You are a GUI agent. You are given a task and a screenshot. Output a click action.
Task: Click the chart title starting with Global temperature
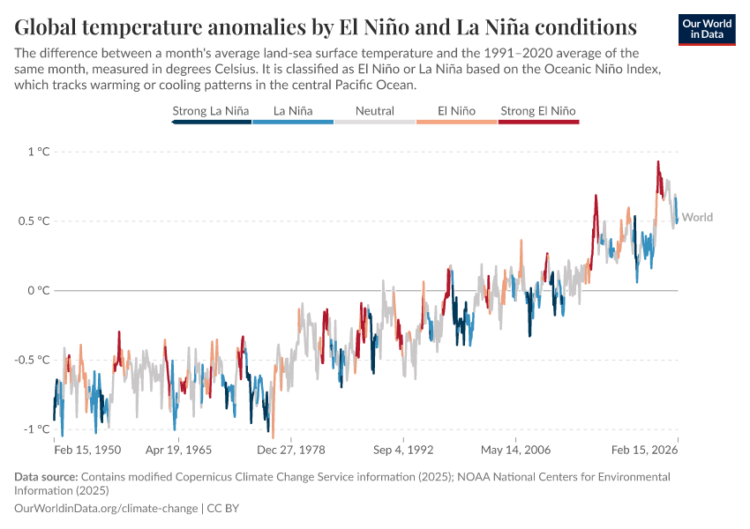[x=326, y=24]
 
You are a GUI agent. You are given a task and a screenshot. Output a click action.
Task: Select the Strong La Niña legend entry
[x=211, y=111]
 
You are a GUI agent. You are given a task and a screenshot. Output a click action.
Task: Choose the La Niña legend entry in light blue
[x=292, y=111]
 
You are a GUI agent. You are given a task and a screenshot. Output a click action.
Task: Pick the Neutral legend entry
[x=374, y=111]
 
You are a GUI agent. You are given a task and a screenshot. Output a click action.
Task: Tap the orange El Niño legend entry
[x=456, y=111]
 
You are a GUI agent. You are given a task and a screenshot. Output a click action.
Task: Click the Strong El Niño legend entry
[x=538, y=111]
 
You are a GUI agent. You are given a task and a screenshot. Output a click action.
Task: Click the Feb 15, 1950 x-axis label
[x=87, y=450]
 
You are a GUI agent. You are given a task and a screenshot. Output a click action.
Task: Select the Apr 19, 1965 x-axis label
[x=178, y=450]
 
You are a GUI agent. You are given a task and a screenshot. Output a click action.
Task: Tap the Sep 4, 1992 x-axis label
[x=402, y=450]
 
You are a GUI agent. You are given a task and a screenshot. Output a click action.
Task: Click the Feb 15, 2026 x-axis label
[x=645, y=450]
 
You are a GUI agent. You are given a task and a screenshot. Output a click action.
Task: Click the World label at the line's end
[x=697, y=218]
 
